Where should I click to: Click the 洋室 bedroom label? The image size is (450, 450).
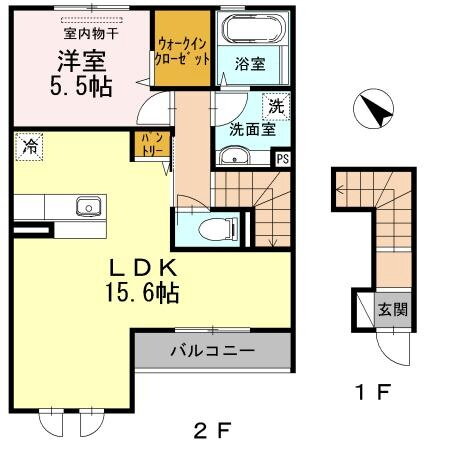(77, 60)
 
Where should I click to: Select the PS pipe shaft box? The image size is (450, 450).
(283, 157)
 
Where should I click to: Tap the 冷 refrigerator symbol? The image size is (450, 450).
(28, 147)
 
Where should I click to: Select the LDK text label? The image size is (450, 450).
(143, 267)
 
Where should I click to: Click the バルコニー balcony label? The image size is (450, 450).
(212, 351)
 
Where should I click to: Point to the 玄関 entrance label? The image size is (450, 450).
(390, 308)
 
